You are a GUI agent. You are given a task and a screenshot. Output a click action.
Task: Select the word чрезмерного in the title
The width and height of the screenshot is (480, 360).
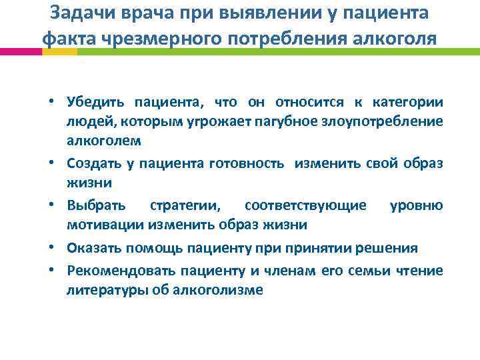coord(165,38)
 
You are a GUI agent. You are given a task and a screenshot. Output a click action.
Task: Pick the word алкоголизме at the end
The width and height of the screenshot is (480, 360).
coord(225,290)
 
